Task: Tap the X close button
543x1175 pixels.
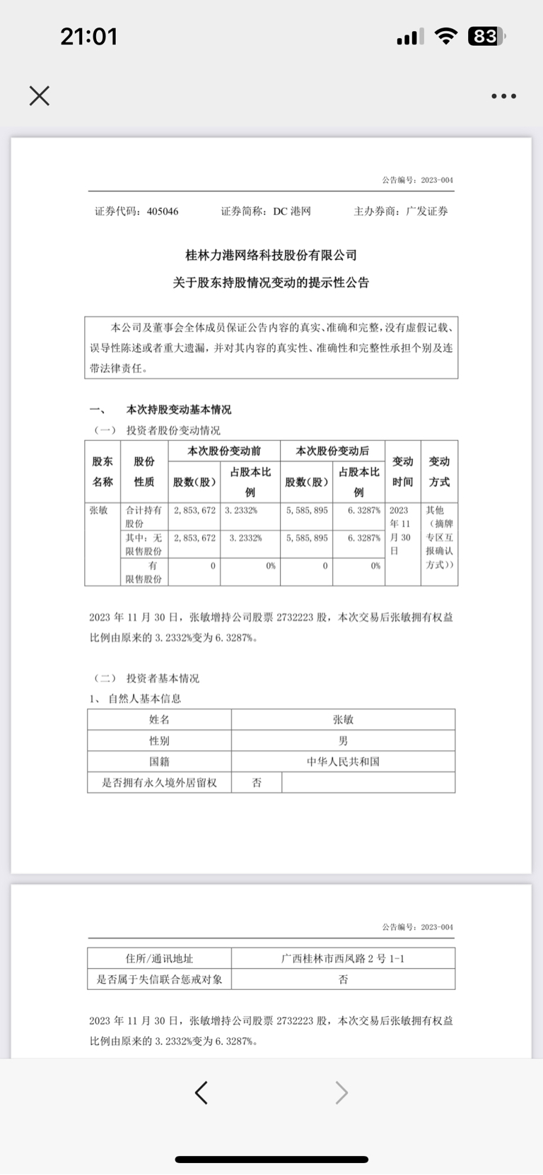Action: [40, 95]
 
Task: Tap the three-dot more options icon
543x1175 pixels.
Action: [503, 96]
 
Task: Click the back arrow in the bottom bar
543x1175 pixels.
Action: [202, 1092]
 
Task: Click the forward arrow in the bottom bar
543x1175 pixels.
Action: [341, 1092]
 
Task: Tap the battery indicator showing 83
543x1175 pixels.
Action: [486, 37]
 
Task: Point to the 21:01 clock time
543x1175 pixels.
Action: [88, 37]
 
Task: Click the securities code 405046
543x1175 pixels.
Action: [163, 211]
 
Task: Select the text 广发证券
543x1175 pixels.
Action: [427, 211]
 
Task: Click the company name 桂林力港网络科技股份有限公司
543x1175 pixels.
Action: [271, 255]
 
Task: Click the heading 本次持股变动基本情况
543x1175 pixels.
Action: [178, 410]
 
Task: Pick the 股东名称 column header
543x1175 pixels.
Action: [103, 471]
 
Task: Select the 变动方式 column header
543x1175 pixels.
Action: [439, 471]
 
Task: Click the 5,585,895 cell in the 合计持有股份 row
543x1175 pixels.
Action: [307, 510]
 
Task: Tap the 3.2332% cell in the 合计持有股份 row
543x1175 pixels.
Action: [241, 510]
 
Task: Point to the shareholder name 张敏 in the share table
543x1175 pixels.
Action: [98, 510]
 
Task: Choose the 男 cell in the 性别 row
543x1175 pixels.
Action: [343, 740]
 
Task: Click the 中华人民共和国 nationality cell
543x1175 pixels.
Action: [343, 762]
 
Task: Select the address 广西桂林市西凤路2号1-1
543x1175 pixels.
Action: [343, 959]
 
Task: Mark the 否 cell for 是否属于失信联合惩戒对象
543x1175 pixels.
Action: [343, 979]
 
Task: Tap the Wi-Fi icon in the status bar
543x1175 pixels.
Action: [445, 37]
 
